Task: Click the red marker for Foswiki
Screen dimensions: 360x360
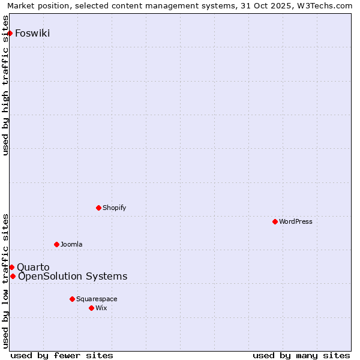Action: coord(10,33)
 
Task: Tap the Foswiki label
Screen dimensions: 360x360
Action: coord(32,33)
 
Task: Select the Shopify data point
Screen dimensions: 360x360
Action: coord(98,208)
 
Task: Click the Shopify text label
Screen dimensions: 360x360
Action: coord(114,208)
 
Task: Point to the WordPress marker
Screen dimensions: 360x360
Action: coord(275,221)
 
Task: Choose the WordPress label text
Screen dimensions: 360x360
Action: coord(295,221)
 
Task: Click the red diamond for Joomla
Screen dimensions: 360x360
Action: coord(56,244)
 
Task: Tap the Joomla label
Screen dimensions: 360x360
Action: coord(71,244)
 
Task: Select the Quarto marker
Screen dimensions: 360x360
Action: coord(11,267)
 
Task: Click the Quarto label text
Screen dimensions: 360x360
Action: coord(33,267)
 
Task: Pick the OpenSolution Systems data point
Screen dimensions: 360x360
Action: coord(13,276)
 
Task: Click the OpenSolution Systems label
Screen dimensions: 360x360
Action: coord(73,276)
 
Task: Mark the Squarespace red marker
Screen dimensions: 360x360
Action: coord(72,299)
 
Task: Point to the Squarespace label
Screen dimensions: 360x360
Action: coord(97,299)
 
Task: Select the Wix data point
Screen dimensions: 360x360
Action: coord(91,308)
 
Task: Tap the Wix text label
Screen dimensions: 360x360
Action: coord(101,308)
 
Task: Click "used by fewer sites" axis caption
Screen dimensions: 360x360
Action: coord(62,355)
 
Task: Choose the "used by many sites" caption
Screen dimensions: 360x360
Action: coord(301,355)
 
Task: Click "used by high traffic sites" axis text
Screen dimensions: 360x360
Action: coord(5,85)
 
